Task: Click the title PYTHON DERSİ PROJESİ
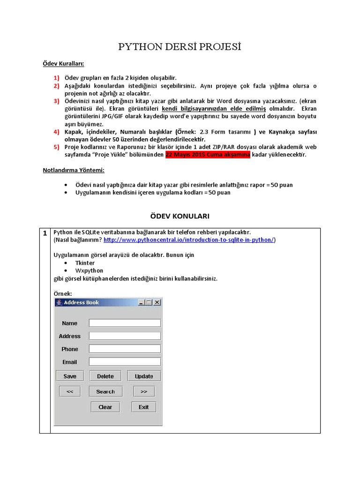[180, 47]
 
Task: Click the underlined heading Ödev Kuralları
[64, 63]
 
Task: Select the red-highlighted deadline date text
[208, 155]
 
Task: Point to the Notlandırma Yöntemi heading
[73, 170]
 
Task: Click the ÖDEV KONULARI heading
[180, 216]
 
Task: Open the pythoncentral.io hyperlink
[189, 240]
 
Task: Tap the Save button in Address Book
[70, 376]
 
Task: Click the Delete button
[105, 376]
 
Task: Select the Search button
[105, 391]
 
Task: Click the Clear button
[105, 407]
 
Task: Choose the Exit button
[143, 407]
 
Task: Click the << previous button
[70, 391]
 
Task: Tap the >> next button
[143, 391]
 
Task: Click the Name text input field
[125, 323]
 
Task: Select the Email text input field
[125, 362]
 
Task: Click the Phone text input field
[125, 349]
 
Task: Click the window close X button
[157, 302]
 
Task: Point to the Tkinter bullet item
[85, 263]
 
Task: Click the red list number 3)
[56, 101]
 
